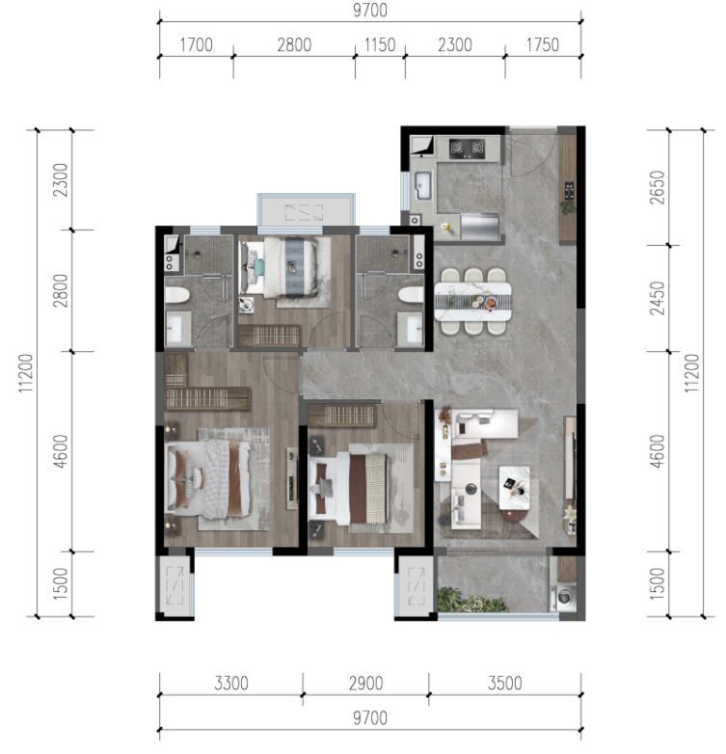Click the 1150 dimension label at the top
[380, 44]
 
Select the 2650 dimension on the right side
[657, 188]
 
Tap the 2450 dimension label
[657, 298]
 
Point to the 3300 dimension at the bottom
[231, 683]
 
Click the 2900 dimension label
[365, 683]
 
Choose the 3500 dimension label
[505, 683]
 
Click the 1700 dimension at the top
[196, 44]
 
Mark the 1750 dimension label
[543, 44]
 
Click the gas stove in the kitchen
[467, 148]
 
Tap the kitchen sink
[423, 185]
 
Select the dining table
[472, 302]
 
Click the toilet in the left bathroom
[176, 295]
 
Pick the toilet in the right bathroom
[411, 295]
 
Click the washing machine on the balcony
[564, 597]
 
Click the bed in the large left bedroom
[207, 480]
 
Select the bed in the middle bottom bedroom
[348, 488]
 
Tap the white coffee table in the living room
[515, 487]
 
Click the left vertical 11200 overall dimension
[25, 373]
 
